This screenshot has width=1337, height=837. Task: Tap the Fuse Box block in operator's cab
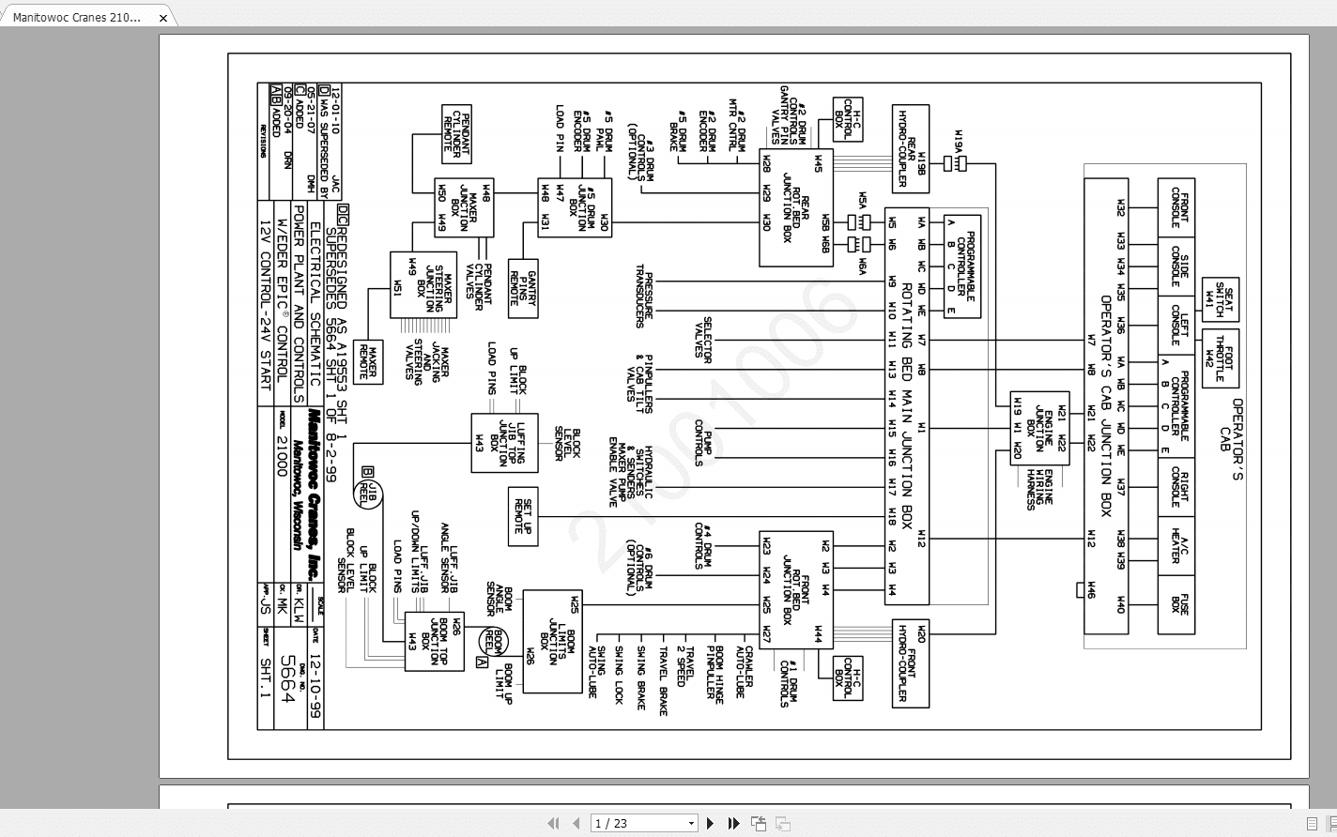point(1176,603)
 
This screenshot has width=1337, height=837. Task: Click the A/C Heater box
point(1176,544)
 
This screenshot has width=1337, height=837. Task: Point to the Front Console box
point(1176,208)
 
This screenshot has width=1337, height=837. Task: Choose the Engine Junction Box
point(1039,428)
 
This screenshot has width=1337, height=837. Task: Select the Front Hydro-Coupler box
point(910,663)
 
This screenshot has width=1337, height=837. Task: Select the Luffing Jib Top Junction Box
point(504,443)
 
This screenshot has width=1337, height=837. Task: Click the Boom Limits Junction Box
point(552,641)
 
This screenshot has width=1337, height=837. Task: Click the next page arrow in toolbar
point(711,824)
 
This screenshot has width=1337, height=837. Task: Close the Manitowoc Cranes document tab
point(163,18)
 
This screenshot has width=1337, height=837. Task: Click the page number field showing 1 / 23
point(644,824)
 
